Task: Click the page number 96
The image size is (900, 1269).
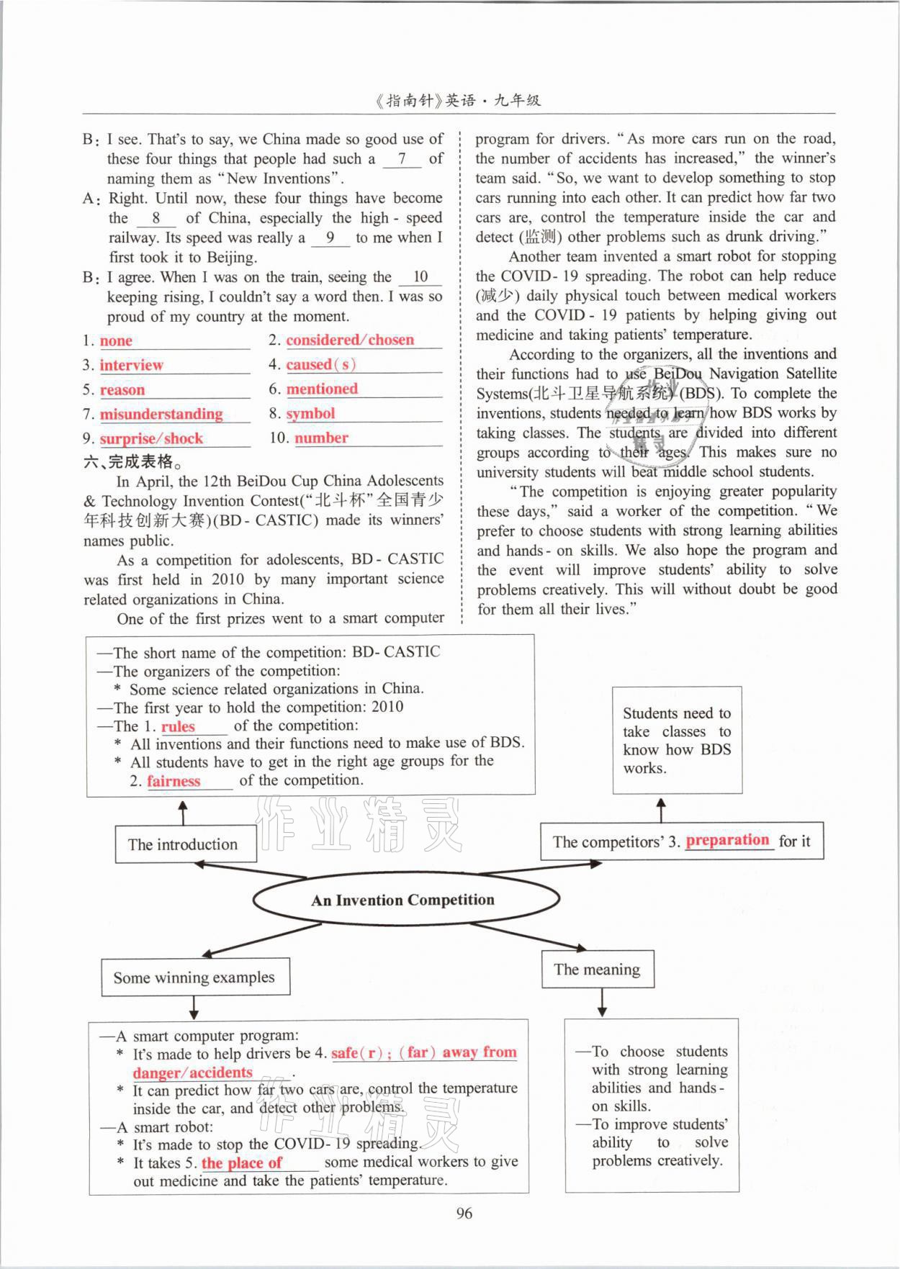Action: click(x=464, y=1213)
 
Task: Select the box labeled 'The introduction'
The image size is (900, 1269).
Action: click(x=185, y=844)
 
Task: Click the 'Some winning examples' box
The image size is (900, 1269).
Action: click(x=194, y=977)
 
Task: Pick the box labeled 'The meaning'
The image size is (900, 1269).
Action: click(x=597, y=970)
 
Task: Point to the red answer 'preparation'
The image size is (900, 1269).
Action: click(x=727, y=840)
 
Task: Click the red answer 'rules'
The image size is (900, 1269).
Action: click(x=178, y=726)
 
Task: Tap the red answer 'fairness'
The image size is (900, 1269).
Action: click(x=174, y=781)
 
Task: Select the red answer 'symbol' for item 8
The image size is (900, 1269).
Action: click(x=310, y=414)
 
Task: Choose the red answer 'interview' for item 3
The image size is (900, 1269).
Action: click(x=131, y=365)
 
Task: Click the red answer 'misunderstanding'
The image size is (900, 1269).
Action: click(x=161, y=414)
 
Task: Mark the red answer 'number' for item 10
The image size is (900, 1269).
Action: click(x=321, y=438)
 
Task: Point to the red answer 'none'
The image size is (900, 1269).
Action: click(x=116, y=340)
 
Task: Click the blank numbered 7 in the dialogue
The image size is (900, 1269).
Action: click(x=402, y=159)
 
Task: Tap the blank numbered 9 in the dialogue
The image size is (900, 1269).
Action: click(x=330, y=238)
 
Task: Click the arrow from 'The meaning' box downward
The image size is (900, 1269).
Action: click(x=602, y=1003)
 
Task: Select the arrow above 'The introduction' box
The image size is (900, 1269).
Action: click(x=183, y=813)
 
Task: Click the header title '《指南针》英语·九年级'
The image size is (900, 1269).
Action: click(x=458, y=101)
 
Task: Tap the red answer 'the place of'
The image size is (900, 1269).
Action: click(x=241, y=1162)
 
